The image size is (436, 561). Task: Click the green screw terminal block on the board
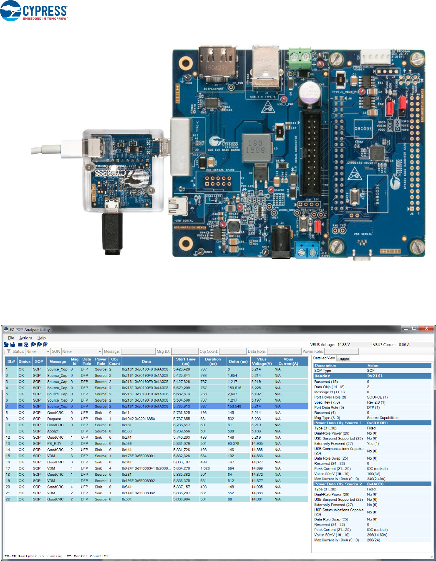(x=300, y=55)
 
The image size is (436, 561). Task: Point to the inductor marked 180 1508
(x=255, y=147)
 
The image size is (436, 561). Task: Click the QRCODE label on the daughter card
(x=363, y=129)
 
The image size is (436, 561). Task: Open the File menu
(x=11, y=338)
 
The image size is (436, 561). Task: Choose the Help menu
(x=41, y=338)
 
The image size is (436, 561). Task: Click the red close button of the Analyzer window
(x=427, y=329)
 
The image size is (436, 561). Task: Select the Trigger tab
(x=343, y=359)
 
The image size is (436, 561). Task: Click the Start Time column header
(x=186, y=361)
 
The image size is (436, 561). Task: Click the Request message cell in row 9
(x=54, y=419)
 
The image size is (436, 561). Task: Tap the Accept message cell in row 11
(x=53, y=431)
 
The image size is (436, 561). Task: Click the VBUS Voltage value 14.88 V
(x=344, y=345)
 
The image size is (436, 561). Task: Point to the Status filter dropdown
(x=38, y=351)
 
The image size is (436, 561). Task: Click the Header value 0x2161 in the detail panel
(x=375, y=376)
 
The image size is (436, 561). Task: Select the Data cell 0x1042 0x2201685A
(x=138, y=419)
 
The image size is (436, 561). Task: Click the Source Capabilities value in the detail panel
(x=382, y=418)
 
